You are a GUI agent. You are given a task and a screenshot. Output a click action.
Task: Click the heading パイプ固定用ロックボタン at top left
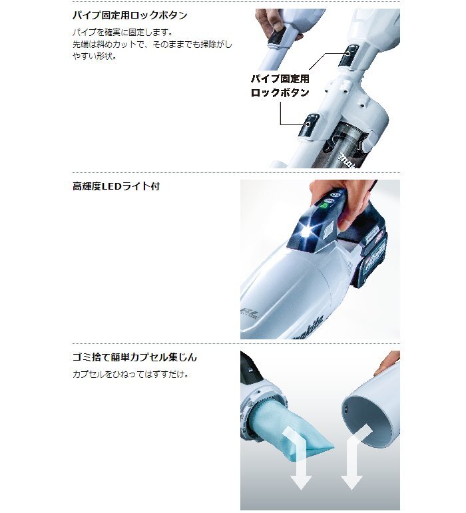[x=130, y=15]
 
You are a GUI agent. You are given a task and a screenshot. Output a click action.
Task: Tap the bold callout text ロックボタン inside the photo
[x=280, y=93]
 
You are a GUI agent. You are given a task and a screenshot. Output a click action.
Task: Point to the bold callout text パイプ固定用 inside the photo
[x=280, y=79]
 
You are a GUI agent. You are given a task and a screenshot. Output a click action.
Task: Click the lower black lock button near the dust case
[x=310, y=125]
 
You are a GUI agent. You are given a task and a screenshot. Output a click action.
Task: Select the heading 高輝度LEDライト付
[x=116, y=186]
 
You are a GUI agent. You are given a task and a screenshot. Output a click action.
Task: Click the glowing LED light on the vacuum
[x=308, y=231]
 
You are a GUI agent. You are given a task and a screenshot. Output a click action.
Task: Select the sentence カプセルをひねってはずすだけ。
[x=130, y=375]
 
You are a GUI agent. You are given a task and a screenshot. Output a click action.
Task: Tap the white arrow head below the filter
[x=300, y=480]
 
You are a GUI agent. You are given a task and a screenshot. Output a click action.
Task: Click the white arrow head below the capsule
[x=351, y=480]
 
